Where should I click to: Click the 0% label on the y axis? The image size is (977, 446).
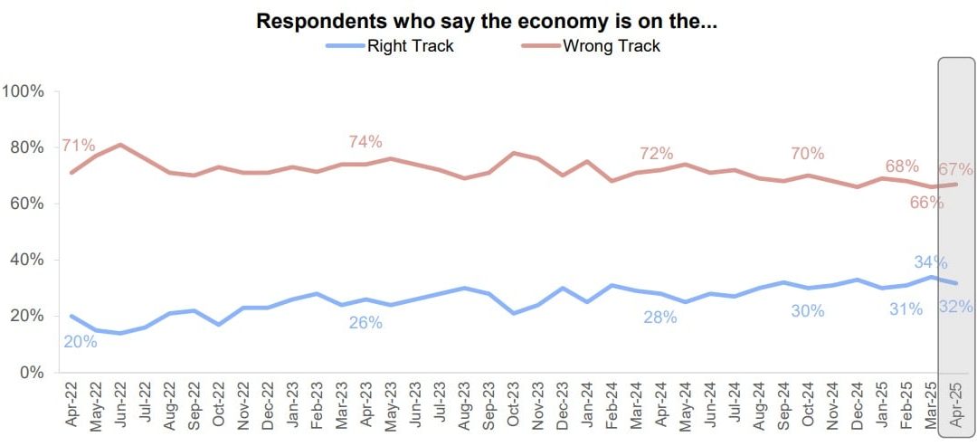(32, 372)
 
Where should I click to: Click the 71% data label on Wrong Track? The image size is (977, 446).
(79, 147)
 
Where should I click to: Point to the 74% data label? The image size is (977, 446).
(365, 142)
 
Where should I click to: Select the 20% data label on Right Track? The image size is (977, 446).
(80, 341)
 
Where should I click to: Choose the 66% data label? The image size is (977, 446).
(926, 203)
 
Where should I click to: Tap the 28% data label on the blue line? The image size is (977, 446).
(660, 317)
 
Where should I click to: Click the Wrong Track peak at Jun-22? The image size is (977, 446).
(121, 145)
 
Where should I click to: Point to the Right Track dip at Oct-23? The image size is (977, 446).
(515, 313)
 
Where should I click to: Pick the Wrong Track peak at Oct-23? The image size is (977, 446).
(515, 153)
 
